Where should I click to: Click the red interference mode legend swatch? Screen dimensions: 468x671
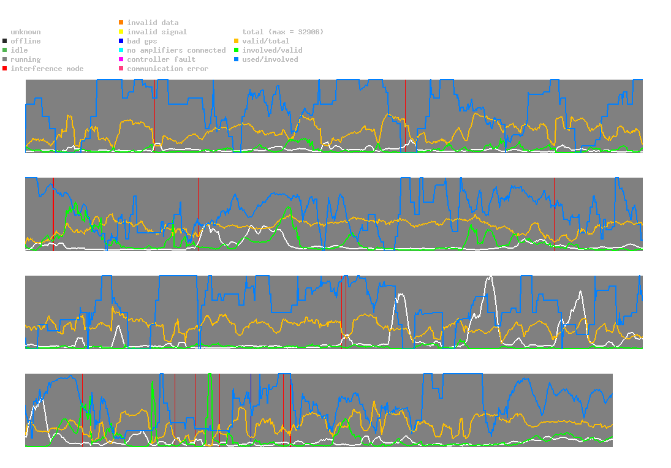click(5, 69)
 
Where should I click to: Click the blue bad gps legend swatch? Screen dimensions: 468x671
click(121, 41)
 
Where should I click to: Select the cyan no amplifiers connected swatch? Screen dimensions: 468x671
click(121, 50)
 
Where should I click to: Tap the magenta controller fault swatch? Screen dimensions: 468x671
click(121, 59)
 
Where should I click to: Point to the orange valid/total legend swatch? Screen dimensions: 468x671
click(237, 41)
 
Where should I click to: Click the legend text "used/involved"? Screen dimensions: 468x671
click(270, 59)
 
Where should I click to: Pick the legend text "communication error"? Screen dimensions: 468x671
click(167, 69)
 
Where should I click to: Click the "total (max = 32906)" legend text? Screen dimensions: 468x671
click(283, 32)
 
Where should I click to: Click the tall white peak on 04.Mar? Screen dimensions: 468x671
click(490, 277)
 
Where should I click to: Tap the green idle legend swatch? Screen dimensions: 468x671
click(5, 50)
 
